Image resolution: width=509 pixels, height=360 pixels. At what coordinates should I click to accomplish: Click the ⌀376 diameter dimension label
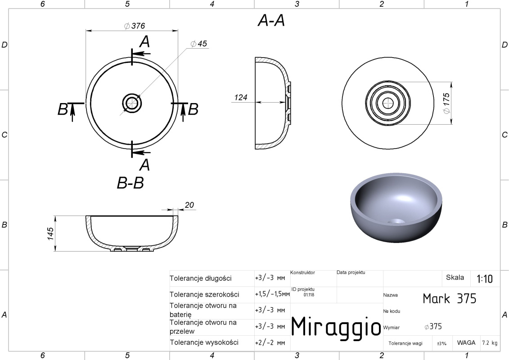[135, 26]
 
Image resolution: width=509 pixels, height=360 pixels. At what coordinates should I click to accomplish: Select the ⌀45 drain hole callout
[198, 44]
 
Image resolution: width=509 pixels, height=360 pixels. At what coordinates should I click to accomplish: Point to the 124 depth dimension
[240, 97]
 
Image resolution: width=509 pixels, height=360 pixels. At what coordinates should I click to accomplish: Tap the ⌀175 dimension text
[446, 103]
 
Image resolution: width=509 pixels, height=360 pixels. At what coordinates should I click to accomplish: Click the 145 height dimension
[50, 234]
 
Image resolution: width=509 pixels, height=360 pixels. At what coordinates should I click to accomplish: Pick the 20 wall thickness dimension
[189, 205]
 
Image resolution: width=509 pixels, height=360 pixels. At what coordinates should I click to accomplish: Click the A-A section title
[271, 20]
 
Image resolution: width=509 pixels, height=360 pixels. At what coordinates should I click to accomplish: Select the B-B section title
[130, 183]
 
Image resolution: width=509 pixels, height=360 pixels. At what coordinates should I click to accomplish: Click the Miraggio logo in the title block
[336, 326]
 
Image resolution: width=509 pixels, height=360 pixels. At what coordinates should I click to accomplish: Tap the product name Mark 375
[450, 298]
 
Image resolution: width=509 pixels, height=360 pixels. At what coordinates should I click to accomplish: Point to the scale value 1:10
[484, 279]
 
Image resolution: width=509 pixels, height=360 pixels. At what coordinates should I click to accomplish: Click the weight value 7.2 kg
[490, 343]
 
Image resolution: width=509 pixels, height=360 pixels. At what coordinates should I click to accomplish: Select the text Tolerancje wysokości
[204, 342]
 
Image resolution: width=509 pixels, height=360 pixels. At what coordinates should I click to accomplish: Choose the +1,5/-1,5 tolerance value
[272, 294]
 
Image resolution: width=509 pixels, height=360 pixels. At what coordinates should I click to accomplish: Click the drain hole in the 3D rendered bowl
[396, 221]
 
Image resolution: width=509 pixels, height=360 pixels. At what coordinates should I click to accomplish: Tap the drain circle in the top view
[132, 103]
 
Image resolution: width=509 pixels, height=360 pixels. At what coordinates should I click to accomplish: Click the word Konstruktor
[302, 273]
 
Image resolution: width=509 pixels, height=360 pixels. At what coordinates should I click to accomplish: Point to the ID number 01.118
[309, 295]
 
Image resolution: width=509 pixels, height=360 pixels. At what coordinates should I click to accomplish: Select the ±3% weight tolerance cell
[441, 343]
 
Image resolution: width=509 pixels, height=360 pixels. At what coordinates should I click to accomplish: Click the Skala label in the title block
[455, 277]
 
